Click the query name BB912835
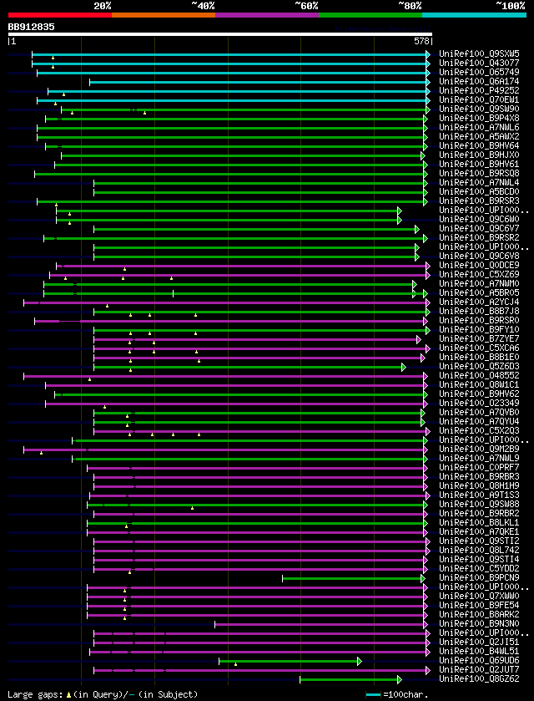pos(32,27)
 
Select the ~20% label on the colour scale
pos(102,6)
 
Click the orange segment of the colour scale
pos(163,14)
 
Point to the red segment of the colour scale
pos(59,14)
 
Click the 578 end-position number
pos(421,40)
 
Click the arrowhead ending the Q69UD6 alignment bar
pos(360,661)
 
